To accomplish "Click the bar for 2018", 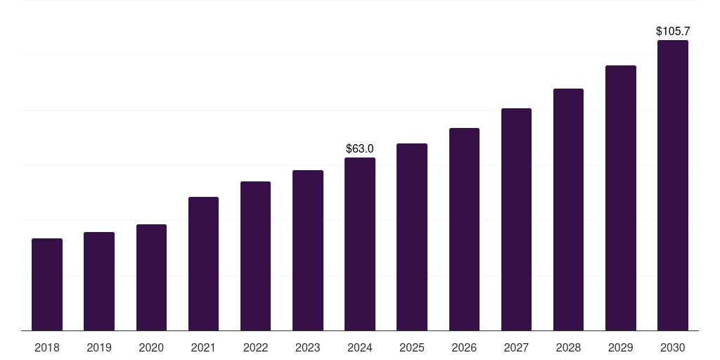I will (x=47, y=285).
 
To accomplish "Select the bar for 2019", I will (x=99, y=281).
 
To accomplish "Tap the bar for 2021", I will (x=203, y=264).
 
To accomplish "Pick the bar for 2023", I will (x=308, y=250).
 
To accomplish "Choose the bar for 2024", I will (x=360, y=244).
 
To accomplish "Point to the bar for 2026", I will (x=464, y=229).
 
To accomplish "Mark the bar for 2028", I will (x=568, y=210).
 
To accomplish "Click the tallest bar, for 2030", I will (x=673, y=186).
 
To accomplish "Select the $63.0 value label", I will (x=360, y=149).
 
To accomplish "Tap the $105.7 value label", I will (x=673, y=32).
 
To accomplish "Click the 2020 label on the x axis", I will (x=151, y=347).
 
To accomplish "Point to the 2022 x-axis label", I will (x=256, y=347).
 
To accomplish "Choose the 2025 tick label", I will (x=412, y=347).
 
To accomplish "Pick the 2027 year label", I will (x=516, y=347).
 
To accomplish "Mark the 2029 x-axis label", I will (x=621, y=347).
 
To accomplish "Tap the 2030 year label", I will (x=673, y=347).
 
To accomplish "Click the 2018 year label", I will (x=47, y=347).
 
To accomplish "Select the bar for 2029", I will (x=621, y=198).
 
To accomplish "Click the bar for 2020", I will (x=151, y=278).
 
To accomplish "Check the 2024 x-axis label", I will (x=360, y=347).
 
